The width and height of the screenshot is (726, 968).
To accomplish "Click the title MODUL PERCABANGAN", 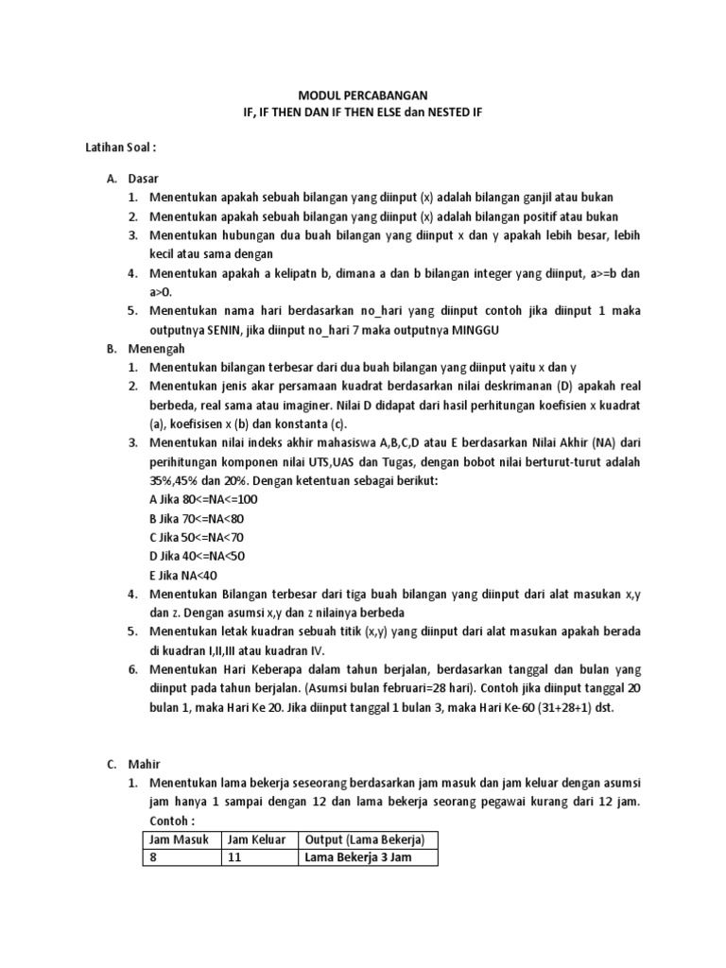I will coord(363,95).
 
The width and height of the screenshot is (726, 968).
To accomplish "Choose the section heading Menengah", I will coord(154,348).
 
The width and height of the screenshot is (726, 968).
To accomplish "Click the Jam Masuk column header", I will coord(180,839).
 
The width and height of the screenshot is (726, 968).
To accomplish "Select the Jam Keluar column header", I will coord(257,839).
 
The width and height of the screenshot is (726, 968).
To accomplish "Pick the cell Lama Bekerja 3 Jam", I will coord(358,858).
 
